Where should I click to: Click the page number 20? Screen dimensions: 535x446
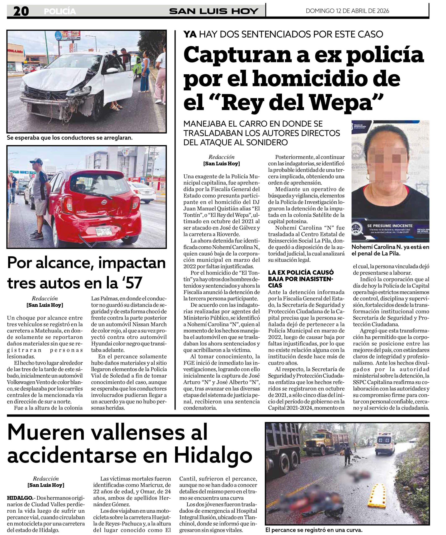coord(21,11)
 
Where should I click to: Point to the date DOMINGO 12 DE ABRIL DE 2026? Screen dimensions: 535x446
coord(347,11)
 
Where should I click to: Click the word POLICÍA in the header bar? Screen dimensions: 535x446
coord(60,11)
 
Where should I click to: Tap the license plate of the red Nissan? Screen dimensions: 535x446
coord(103,231)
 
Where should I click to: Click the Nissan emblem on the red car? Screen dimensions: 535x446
coord(104,203)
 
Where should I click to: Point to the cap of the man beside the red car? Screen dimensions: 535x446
coord(36,161)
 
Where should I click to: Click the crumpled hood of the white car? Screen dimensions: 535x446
coord(53,78)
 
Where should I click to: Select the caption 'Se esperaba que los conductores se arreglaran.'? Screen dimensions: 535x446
coord(70,138)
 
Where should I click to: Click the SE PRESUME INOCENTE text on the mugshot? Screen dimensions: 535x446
coord(390,226)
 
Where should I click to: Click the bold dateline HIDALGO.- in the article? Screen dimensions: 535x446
coord(20,498)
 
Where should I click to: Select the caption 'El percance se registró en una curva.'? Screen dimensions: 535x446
coord(314,530)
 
